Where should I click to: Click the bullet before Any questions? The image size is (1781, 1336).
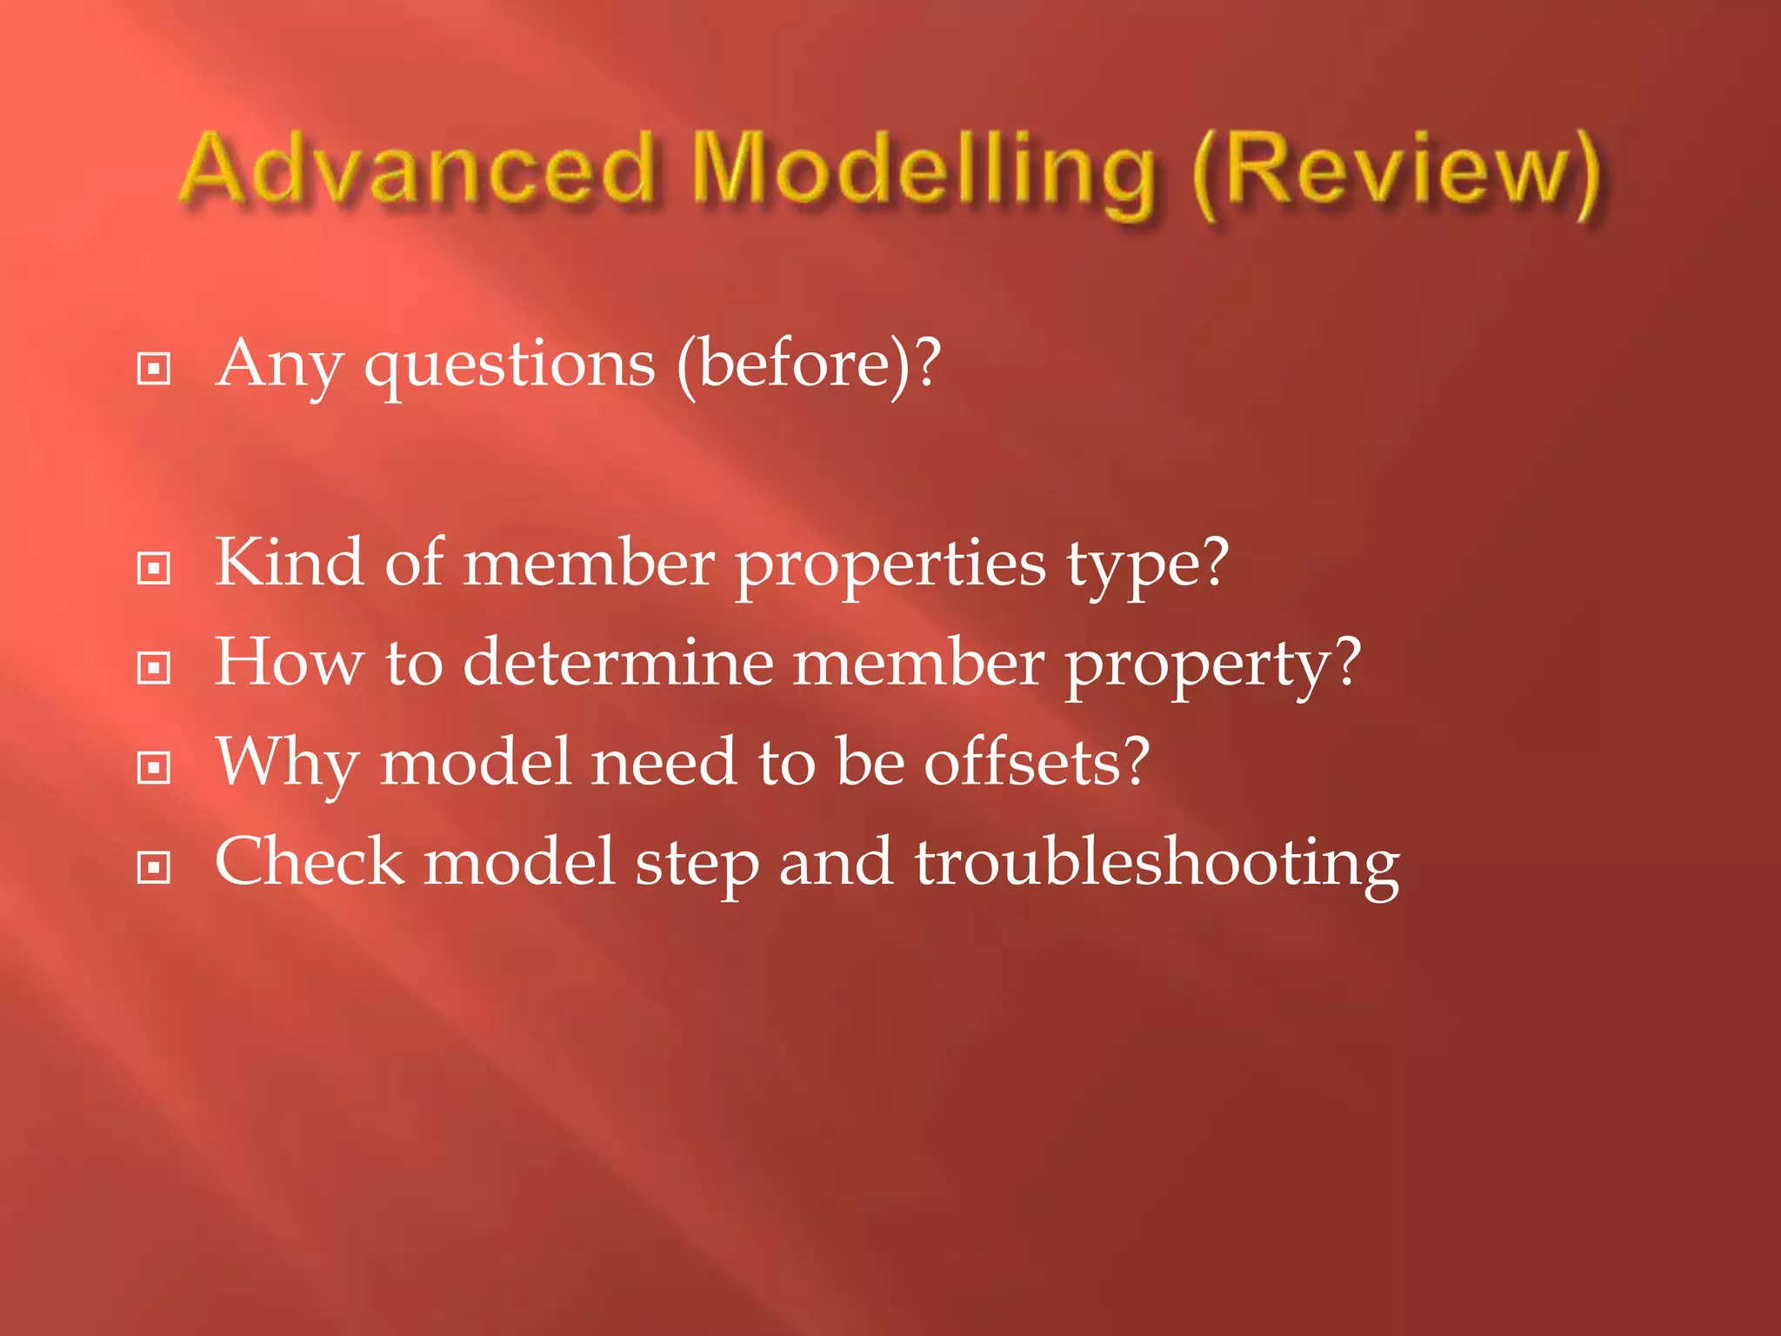pyautogui.click(x=154, y=369)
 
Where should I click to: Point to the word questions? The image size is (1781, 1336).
pyautogui.click(x=510, y=365)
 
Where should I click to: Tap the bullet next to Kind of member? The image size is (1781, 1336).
pyautogui.click(x=154, y=569)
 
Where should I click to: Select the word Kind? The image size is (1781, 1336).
pyautogui.click(x=288, y=563)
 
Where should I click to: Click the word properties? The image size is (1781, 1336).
pyautogui.click(x=890, y=565)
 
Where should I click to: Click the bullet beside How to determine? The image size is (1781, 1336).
pyautogui.click(x=154, y=668)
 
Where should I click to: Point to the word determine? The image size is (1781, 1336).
pyautogui.click(x=617, y=663)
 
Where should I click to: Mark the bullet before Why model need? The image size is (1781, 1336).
pyautogui.click(x=154, y=768)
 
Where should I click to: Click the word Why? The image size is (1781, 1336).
pyautogui.click(x=287, y=764)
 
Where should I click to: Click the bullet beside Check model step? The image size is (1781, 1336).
pyautogui.click(x=154, y=867)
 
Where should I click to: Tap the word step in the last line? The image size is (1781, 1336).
pyautogui.click(x=697, y=865)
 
